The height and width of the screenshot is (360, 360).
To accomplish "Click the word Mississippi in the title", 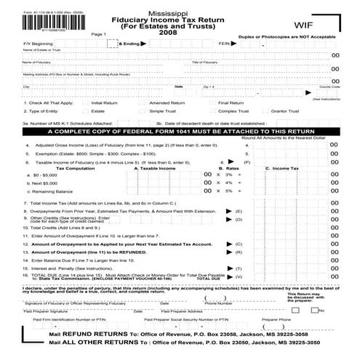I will pos(180,13).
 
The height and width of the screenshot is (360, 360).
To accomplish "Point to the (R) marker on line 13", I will pos(239,251).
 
